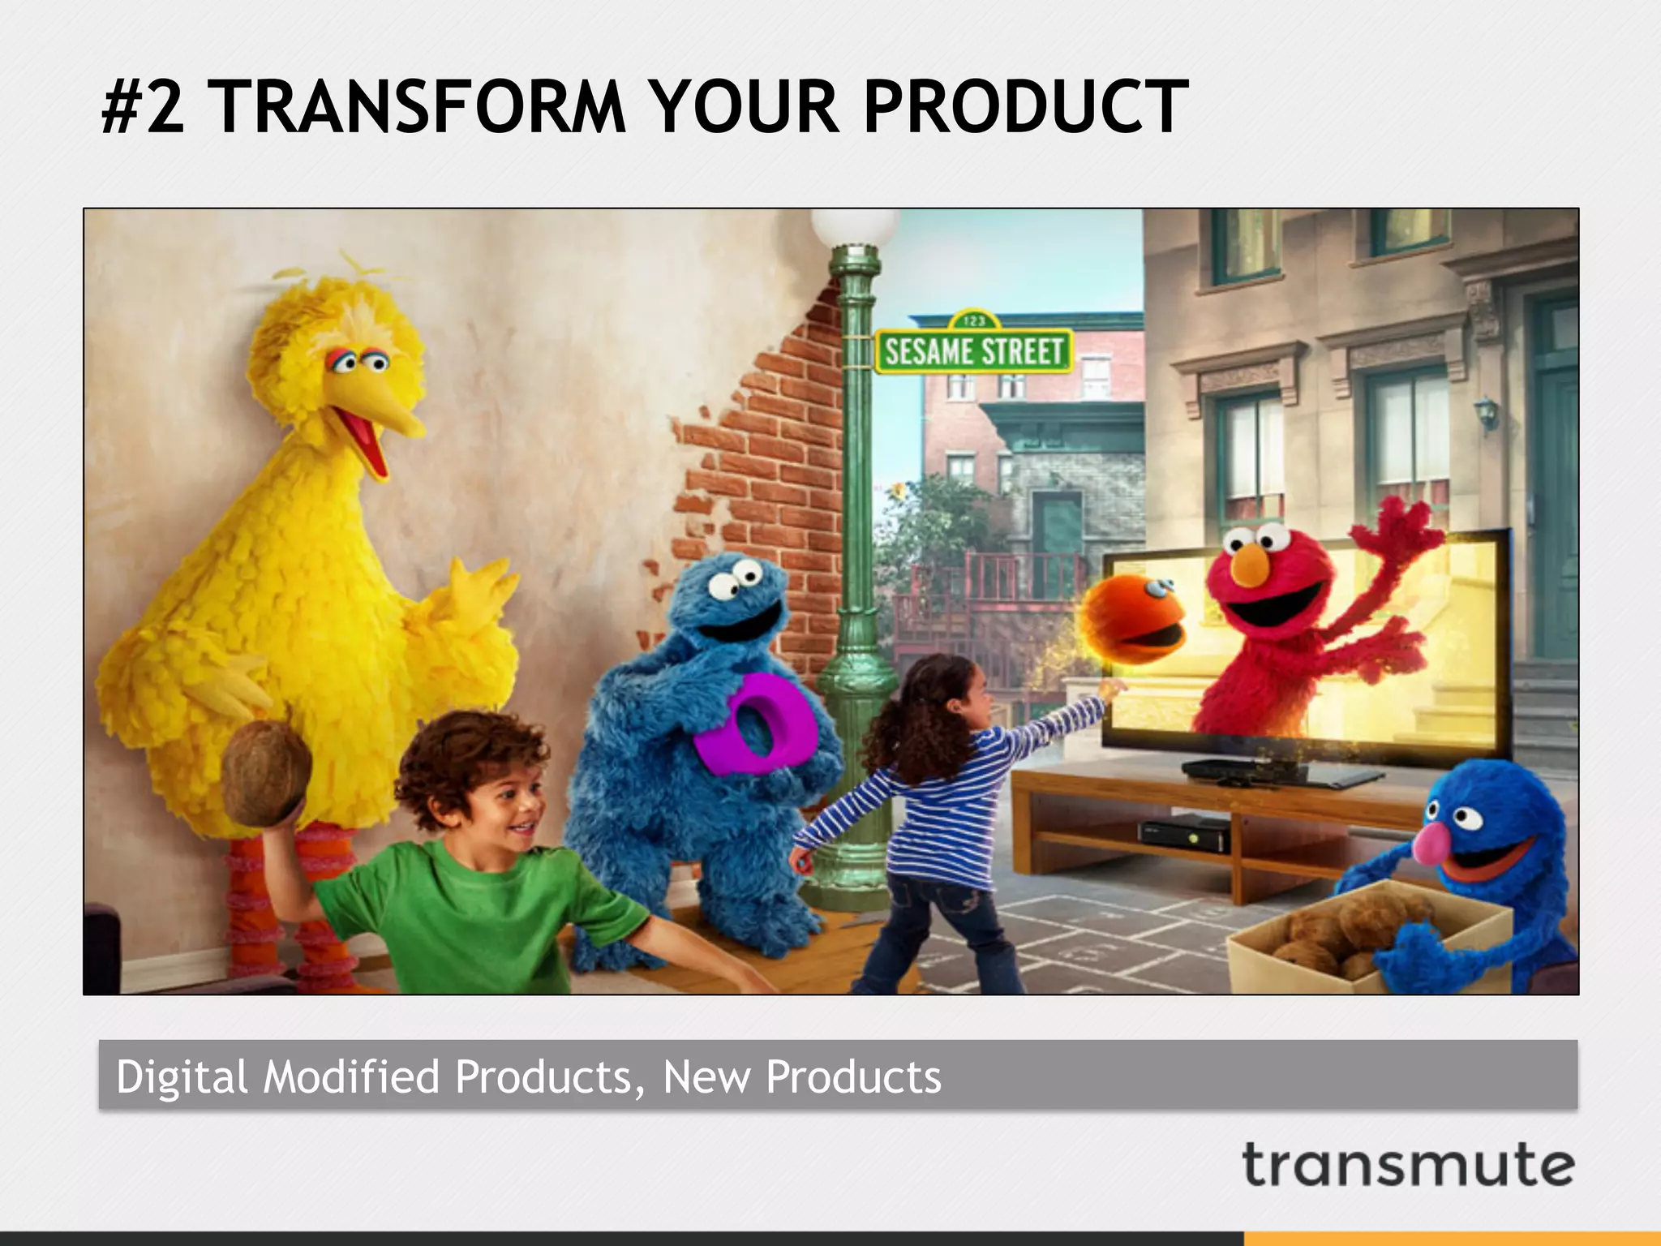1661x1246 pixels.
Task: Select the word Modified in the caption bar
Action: click(351, 1076)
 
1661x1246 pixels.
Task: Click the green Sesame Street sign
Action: click(973, 351)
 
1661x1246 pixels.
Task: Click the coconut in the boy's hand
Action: click(266, 773)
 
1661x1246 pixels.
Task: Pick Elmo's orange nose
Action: click(1251, 565)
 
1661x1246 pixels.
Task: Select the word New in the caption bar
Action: click(706, 1076)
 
